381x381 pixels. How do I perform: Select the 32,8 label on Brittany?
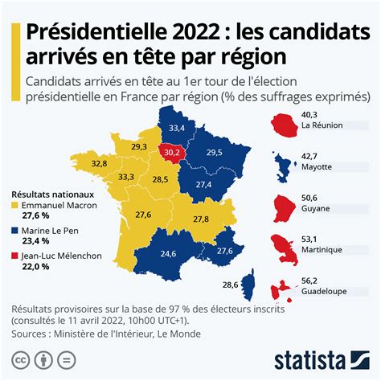[x=99, y=163]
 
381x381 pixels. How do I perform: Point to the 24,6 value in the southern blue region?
[x=169, y=253]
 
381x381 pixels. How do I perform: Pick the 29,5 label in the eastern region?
[x=215, y=153]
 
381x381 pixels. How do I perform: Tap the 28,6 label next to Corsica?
[x=230, y=284]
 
